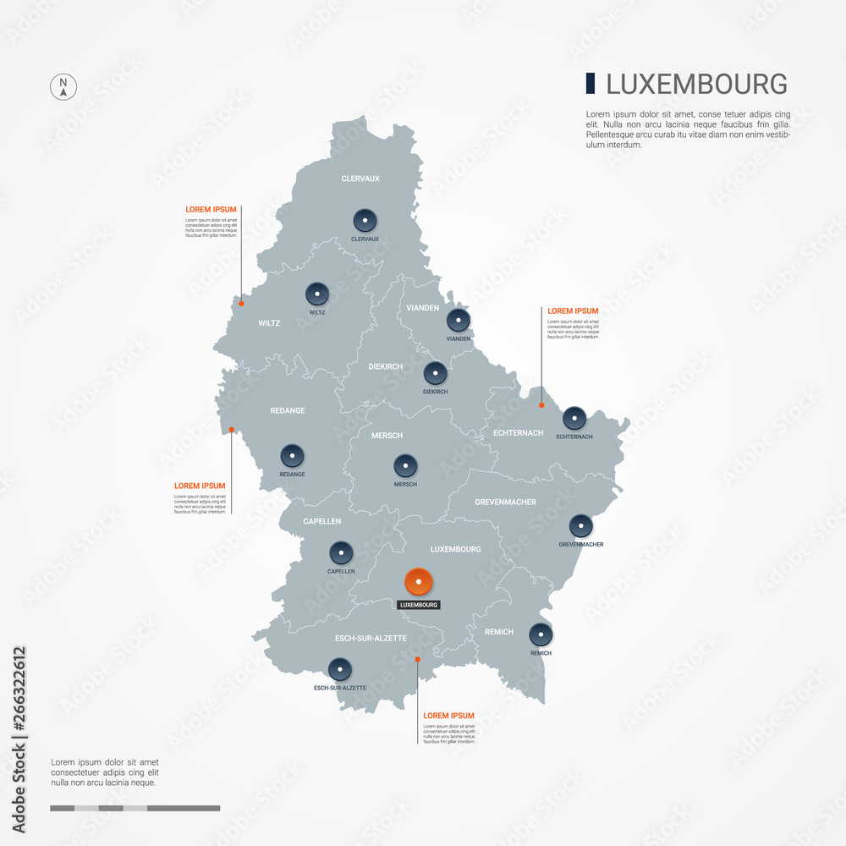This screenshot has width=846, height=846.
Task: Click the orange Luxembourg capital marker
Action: click(419, 582)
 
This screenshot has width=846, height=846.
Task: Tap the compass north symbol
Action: click(63, 87)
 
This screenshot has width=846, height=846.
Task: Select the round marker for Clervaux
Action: click(365, 221)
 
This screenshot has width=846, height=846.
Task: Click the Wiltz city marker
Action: click(317, 294)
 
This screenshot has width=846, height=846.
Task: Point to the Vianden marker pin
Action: click(459, 321)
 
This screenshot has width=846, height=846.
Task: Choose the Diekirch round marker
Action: click(435, 373)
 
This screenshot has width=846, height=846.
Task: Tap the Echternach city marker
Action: click(574, 418)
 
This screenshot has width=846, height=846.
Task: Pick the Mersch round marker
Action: click(405, 466)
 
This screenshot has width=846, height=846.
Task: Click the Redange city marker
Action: click(292, 456)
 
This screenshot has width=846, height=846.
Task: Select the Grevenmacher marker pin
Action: click(580, 526)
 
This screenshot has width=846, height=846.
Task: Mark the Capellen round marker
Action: click(341, 553)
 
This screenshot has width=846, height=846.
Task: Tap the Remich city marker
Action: click(541, 634)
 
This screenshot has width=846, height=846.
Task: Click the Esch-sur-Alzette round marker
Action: click(339, 670)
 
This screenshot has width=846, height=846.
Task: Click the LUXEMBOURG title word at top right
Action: click(697, 85)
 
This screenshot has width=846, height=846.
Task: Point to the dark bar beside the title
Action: click(590, 84)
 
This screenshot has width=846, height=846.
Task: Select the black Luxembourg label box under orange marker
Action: click(419, 605)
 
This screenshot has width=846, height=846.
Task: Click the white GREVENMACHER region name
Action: click(505, 503)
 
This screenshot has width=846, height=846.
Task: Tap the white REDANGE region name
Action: click(288, 411)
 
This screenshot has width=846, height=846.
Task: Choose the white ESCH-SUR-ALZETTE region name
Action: click(371, 638)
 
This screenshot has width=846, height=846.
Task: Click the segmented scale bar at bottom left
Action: click(135, 808)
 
